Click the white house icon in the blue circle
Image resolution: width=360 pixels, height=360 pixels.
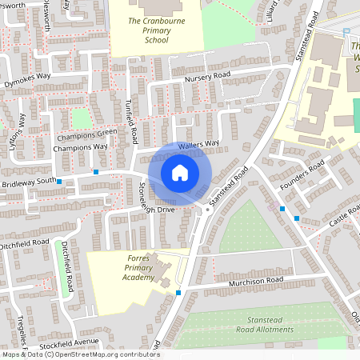tap(180, 172)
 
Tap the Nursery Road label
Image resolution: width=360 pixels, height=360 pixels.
tap(207, 76)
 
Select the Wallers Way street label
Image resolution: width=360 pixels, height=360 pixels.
tap(199, 145)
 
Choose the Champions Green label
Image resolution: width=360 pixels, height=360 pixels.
tap(85, 134)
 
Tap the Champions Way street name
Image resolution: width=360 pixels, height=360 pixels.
tap(80, 148)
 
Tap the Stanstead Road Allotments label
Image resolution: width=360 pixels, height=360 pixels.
tap(259, 325)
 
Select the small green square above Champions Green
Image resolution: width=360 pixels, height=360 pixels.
tap(81, 118)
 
